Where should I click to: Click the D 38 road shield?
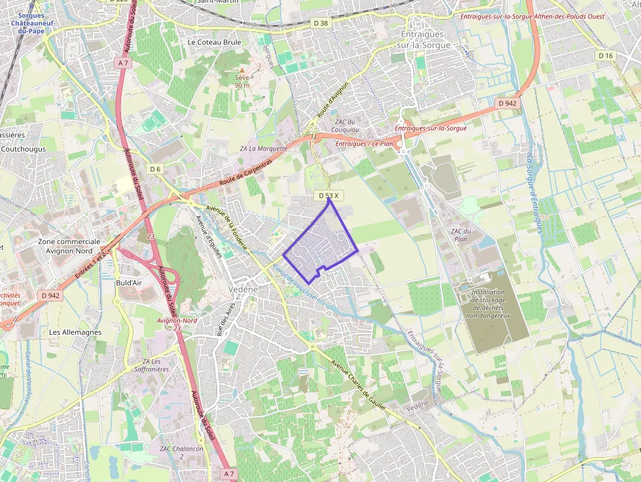point(320,23)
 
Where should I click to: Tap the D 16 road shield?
point(606,56)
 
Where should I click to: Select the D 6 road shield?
point(155,169)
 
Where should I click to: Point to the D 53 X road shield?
point(328,196)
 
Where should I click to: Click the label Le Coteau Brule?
point(215,42)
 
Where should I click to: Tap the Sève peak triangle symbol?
point(241,69)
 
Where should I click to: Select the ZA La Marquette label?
point(264,148)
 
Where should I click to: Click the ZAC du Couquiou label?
point(345,126)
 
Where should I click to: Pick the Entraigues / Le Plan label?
point(364,143)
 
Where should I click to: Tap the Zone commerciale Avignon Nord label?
point(69,246)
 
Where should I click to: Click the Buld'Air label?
point(129,283)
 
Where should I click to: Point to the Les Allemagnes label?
point(75,332)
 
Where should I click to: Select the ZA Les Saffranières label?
point(151,365)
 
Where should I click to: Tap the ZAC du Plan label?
point(461,235)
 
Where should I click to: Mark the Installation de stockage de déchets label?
point(487,304)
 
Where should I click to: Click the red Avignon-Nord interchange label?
point(177,320)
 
